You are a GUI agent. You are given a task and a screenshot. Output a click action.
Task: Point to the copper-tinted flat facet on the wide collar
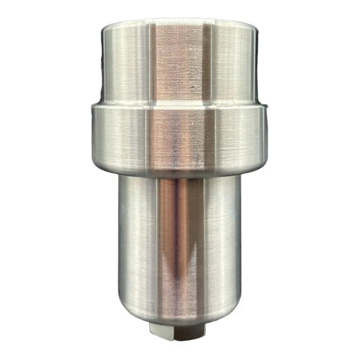[x=182, y=138]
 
